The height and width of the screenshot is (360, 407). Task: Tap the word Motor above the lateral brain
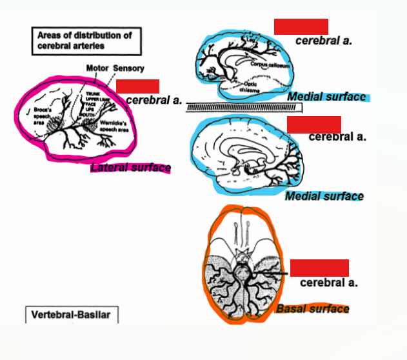click(98, 68)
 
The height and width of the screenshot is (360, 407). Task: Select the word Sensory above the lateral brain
click(129, 68)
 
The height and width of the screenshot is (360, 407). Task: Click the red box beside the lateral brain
click(137, 86)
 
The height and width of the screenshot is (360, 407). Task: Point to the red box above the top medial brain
click(301, 26)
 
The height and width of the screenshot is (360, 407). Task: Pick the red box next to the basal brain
click(319, 268)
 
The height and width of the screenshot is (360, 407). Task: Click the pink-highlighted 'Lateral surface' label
click(131, 168)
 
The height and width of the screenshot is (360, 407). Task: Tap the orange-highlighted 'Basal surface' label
click(313, 309)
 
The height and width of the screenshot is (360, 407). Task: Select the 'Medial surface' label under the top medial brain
click(326, 97)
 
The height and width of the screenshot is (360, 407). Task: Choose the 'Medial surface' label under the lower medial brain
click(324, 196)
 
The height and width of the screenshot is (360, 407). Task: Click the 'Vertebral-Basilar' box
click(72, 315)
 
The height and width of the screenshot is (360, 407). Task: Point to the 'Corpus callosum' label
click(270, 66)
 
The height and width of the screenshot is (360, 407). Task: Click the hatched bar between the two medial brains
click(244, 107)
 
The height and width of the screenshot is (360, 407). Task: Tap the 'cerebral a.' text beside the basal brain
click(329, 283)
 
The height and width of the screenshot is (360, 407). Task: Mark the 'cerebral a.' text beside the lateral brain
click(154, 101)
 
